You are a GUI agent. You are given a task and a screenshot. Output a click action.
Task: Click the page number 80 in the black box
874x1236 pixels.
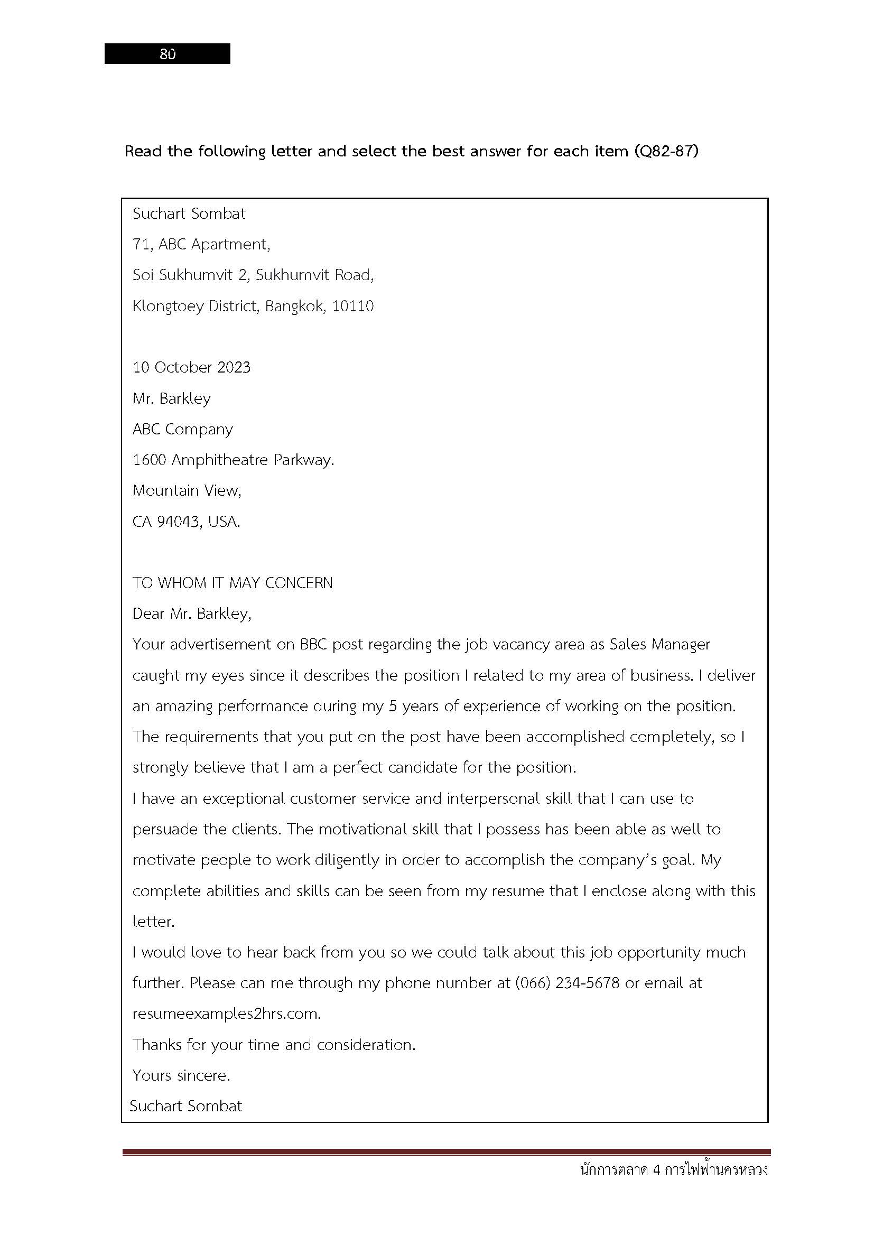[x=168, y=54]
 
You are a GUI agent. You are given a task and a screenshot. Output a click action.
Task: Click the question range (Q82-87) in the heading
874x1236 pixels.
[x=666, y=151]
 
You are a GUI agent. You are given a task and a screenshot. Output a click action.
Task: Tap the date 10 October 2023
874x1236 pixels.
[x=192, y=368]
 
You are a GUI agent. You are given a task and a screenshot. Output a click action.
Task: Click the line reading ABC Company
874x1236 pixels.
[x=182, y=430]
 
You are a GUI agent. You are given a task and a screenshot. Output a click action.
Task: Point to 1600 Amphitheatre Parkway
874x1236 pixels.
[x=233, y=460]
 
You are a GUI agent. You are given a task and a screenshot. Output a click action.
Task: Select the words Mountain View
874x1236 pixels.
[x=187, y=491]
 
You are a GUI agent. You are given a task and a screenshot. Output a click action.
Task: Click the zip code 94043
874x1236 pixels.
[x=178, y=522]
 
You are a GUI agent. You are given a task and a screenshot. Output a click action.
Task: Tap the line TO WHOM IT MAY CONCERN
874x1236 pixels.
[x=233, y=583]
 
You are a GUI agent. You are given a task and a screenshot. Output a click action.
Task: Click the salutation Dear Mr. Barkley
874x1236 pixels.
[x=192, y=614]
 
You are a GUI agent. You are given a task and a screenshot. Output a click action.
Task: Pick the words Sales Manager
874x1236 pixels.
[x=660, y=644]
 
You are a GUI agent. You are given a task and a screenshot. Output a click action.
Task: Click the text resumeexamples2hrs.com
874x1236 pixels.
[x=227, y=1014]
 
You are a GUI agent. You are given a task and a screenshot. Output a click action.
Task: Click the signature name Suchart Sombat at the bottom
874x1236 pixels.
[x=185, y=1105]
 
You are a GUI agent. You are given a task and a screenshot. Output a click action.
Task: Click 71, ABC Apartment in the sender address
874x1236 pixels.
[x=201, y=245]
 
